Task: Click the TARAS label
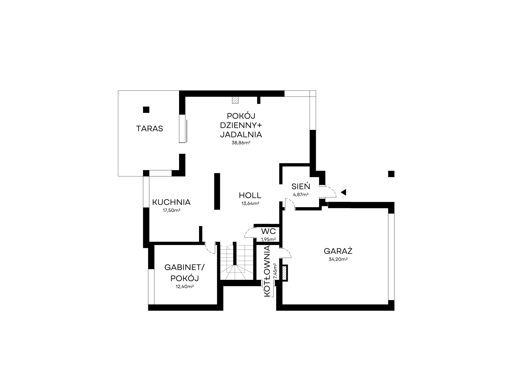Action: point(149,129)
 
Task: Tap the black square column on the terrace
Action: point(146,110)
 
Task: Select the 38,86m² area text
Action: point(241,143)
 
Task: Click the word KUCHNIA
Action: point(171,202)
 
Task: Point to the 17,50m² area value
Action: point(172,210)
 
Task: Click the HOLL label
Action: point(250,195)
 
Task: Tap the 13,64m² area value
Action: point(250,204)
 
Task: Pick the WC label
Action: point(268,231)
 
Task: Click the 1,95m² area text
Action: point(268,239)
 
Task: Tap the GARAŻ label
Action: point(338,251)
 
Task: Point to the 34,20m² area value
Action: point(338,259)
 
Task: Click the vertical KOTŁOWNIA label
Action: point(267,271)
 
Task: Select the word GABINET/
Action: point(185,267)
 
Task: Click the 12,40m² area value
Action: point(185,287)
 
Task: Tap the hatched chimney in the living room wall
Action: point(235,100)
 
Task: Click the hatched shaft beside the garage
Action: point(285,273)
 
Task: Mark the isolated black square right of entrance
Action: point(391,174)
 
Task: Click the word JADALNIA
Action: point(241,135)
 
